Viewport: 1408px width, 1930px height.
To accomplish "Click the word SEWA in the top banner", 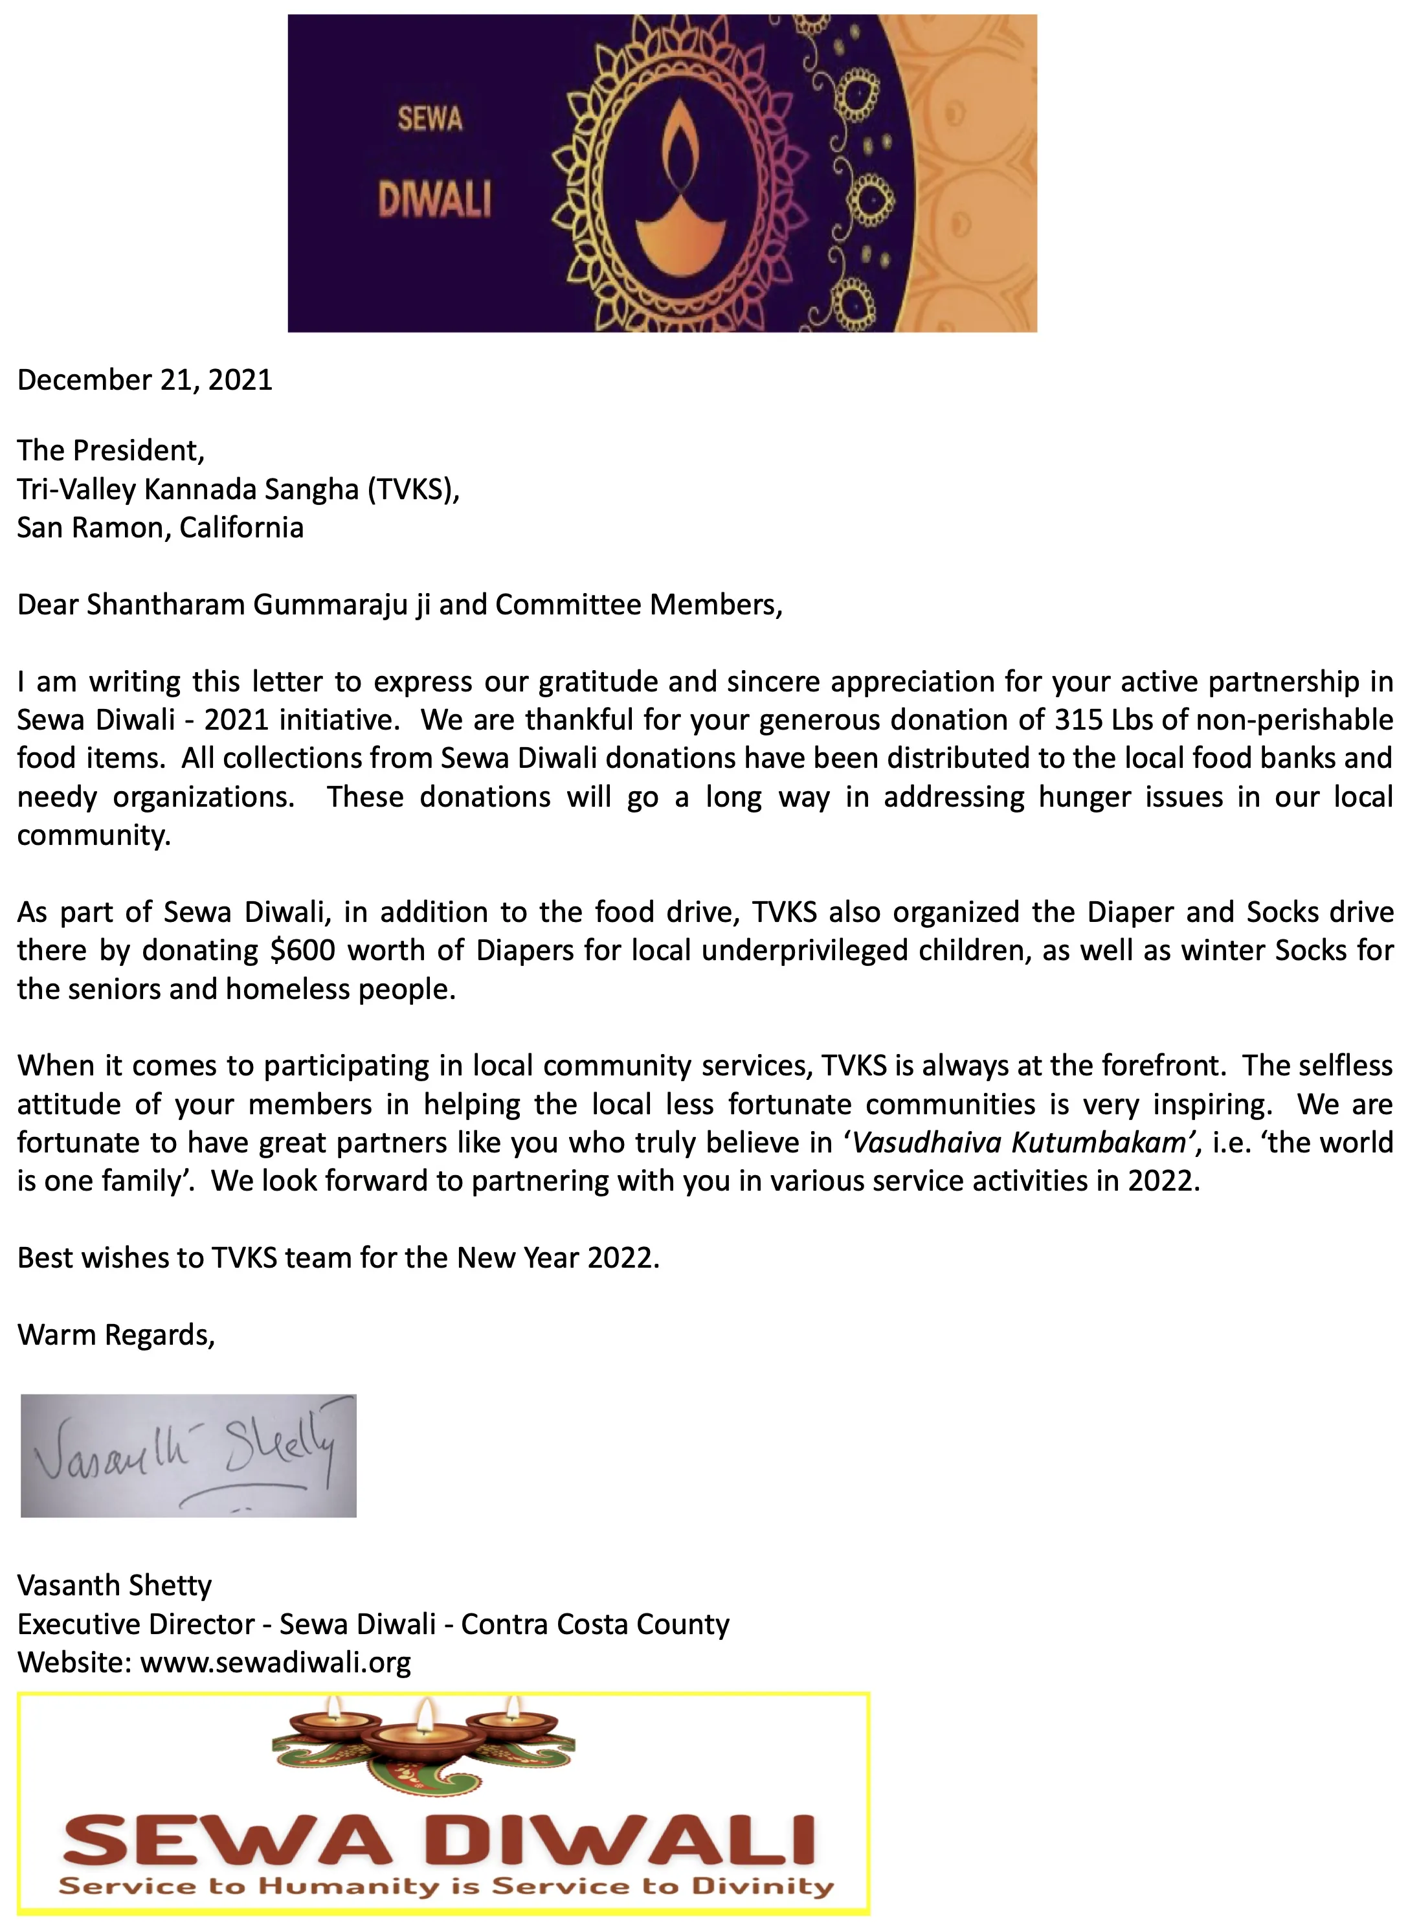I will [x=430, y=118].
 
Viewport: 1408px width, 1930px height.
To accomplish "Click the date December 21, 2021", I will [x=145, y=379].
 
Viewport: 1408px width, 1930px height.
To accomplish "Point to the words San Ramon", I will [x=91, y=527].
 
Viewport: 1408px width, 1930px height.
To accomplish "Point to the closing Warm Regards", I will [x=116, y=1334].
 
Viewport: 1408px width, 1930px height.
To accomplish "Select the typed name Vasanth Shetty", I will [x=114, y=1585].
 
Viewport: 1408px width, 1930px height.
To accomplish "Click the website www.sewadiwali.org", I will [x=275, y=1661].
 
